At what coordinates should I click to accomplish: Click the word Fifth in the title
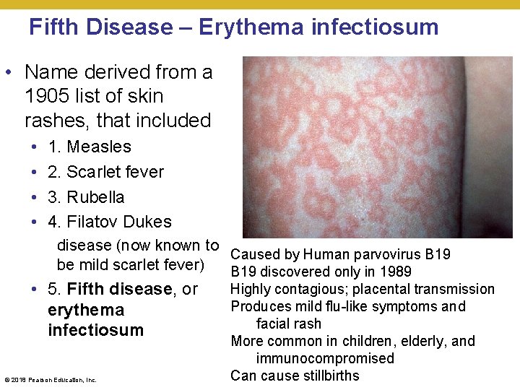click(55, 27)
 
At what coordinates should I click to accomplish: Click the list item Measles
click(99, 147)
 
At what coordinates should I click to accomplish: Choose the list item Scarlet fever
click(116, 172)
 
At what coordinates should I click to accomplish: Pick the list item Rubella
click(95, 197)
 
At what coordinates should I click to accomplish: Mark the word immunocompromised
click(325, 358)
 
